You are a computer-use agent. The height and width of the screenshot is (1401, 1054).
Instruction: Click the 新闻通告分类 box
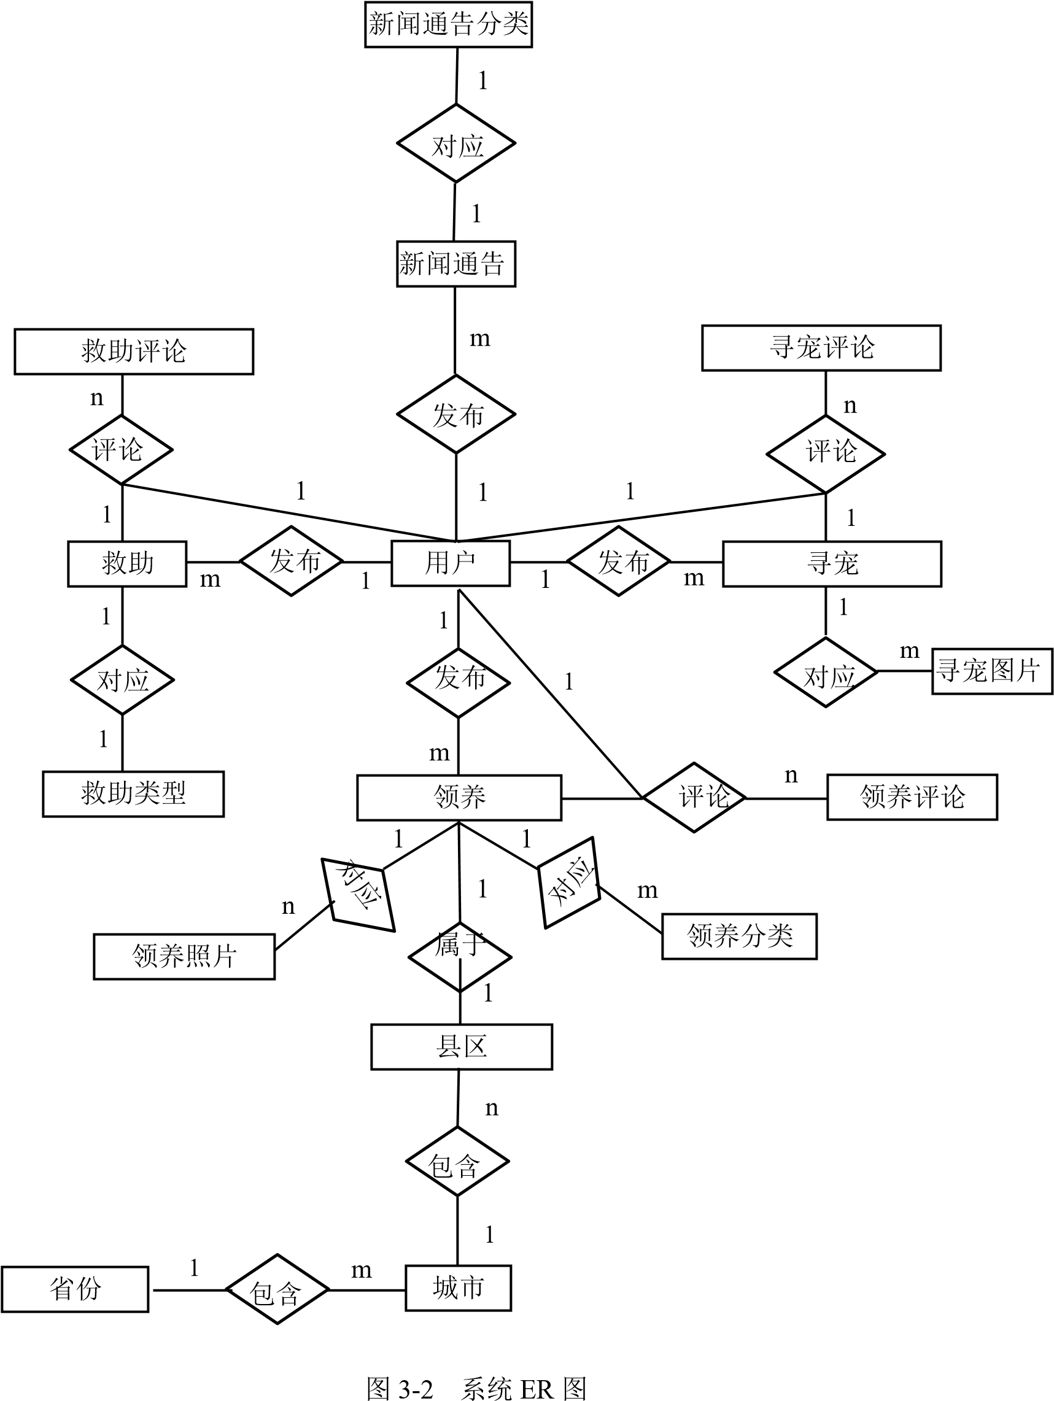click(x=448, y=25)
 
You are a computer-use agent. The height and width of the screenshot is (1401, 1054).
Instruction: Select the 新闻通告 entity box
click(x=455, y=263)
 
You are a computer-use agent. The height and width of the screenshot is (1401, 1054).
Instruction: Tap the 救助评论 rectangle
click(x=134, y=352)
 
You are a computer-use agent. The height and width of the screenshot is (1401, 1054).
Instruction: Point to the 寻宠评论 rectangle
click(x=821, y=348)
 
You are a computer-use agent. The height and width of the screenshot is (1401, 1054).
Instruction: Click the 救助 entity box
click(x=126, y=564)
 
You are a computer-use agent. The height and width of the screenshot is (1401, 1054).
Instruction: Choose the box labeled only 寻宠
click(x=832, y=564)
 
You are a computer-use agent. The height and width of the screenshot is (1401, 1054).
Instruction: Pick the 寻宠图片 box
click(x=991, y=671)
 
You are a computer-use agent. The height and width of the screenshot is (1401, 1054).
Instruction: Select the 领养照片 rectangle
click(x=184, y=956)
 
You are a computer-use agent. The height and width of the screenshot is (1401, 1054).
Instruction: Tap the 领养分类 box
click(x=738, y=936)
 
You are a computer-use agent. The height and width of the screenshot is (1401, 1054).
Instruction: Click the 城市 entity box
click(x=458, y=1287)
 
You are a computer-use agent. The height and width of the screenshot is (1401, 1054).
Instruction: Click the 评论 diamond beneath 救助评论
click(x=120, y=450)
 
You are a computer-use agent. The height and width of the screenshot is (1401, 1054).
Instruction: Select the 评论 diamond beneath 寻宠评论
click(x=826, y=453)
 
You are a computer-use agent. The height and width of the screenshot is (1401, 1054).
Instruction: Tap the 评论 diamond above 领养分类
click(x=694, y=797)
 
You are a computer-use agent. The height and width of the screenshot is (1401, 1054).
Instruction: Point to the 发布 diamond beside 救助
click(x=292, y=561)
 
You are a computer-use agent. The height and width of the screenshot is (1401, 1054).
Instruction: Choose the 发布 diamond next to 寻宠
click(x=618, y=561)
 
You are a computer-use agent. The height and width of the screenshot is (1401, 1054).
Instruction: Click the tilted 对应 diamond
click(x=358, y=894)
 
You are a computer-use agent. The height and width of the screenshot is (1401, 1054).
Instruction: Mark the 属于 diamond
click(x=460, y=956)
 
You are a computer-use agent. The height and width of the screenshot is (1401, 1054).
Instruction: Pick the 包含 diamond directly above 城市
click(x=457, y=1161)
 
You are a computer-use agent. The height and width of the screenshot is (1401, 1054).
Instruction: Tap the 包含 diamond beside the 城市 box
click(x=277, y=1289)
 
